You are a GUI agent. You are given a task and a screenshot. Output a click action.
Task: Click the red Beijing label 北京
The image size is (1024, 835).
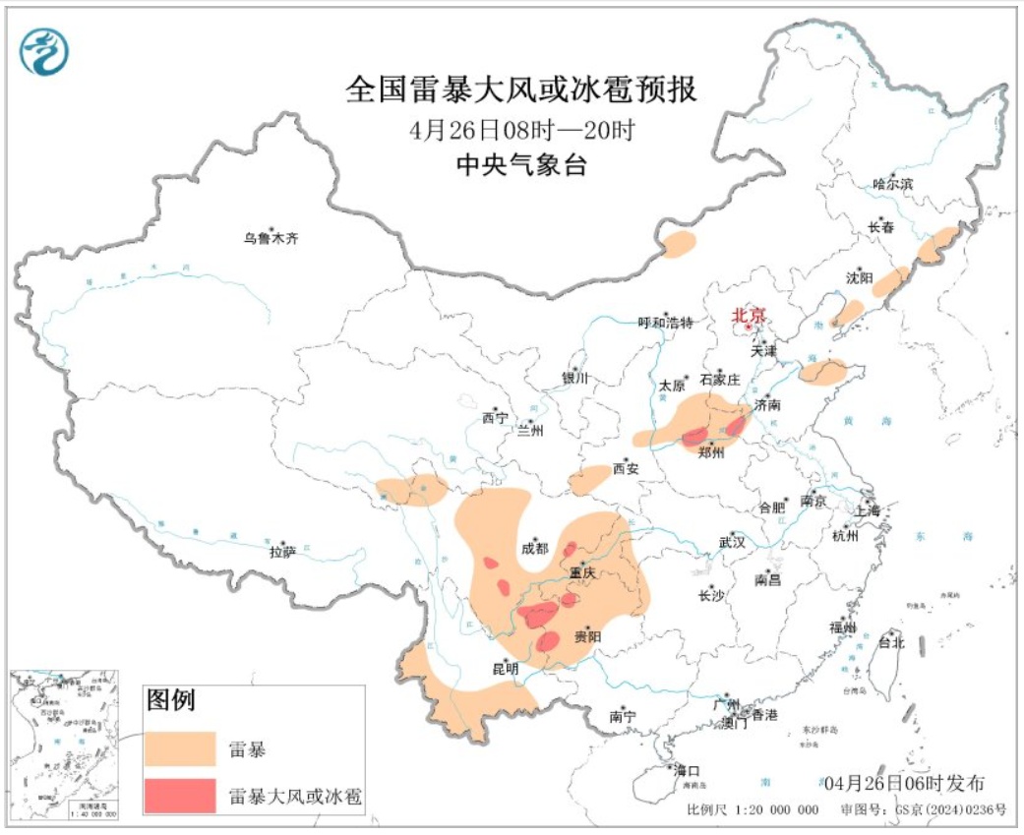749,316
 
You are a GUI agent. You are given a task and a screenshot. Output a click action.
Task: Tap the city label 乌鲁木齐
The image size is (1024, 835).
271,238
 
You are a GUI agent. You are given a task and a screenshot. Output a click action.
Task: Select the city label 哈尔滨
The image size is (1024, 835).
893,184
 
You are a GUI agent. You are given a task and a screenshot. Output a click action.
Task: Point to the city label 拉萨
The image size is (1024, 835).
281,552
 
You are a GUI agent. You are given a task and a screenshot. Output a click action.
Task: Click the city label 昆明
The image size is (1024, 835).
505,668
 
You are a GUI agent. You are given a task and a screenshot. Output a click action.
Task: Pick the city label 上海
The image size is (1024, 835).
868,509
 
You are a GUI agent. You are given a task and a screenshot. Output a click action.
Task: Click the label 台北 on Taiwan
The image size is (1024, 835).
891,643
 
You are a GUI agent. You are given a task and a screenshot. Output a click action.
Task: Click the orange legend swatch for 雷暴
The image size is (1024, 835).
179,749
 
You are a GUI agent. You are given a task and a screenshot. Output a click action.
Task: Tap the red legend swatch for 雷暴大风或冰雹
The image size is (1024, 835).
179,796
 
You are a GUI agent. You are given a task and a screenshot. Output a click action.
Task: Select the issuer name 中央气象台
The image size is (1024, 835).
521,165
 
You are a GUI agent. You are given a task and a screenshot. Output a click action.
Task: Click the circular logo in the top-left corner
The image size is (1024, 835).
44,51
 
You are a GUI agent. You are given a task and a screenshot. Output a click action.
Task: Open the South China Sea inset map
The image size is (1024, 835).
64,745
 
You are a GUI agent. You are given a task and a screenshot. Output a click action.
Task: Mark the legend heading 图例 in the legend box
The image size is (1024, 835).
171,700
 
